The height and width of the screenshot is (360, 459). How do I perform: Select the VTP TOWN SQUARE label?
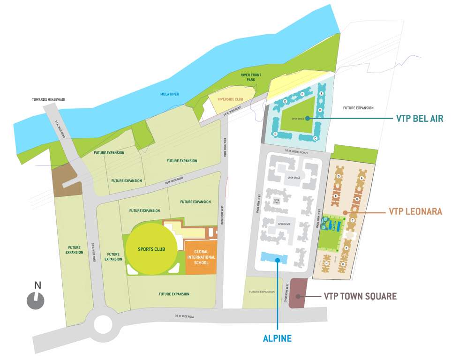360,296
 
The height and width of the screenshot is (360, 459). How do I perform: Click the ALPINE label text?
278,337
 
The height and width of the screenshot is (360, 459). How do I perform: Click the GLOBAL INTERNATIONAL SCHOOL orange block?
201,257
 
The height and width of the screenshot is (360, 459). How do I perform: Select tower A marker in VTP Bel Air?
322,94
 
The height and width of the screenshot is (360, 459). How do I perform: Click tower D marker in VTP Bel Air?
275,134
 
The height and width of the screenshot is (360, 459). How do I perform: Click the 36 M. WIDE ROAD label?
185,316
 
